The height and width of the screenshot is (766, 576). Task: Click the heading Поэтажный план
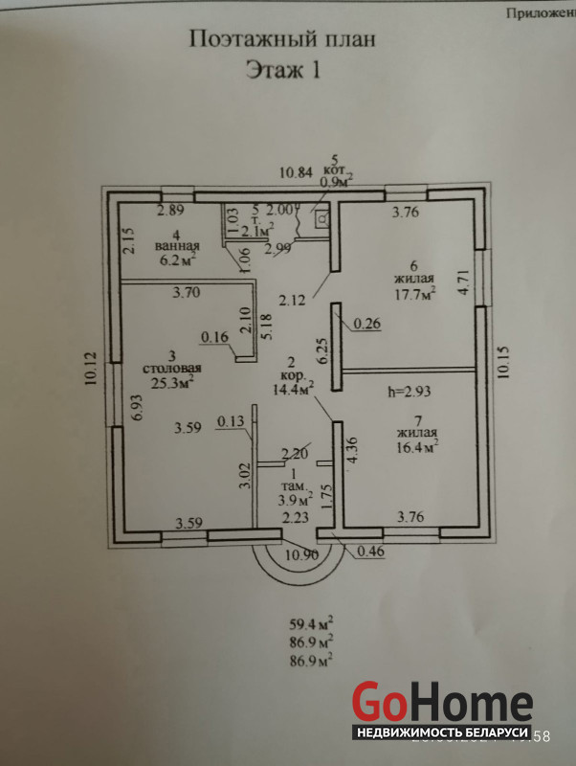pyautogui.click(x=277, y=39)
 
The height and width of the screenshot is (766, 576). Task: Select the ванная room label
pyautogui.click(x=176, y=246)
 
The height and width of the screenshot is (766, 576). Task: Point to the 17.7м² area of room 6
pyautogui.click(x=413, y=294)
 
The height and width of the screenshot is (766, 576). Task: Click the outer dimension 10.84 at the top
pyautogui.click(x=295, y=173)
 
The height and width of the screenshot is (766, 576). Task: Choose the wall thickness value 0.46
pyautogui.click(x=370, y=552)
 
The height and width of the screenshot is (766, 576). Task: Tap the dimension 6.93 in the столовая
pyautogui.click(x=138, y=409)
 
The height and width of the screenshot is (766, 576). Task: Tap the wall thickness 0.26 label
pyautogui.click(x=366, y=324)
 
